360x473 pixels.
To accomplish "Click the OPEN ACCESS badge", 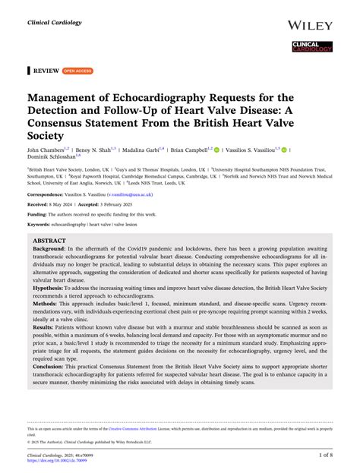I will pyautogui.click(x=77, y=71).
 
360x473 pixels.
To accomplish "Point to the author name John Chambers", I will pyautogui.click(x=46, y=151).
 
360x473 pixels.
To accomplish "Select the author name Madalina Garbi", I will pyautogui.click(x=144, y=151).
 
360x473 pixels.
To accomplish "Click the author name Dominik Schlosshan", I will pyautogui.click(x=51, y=160).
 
